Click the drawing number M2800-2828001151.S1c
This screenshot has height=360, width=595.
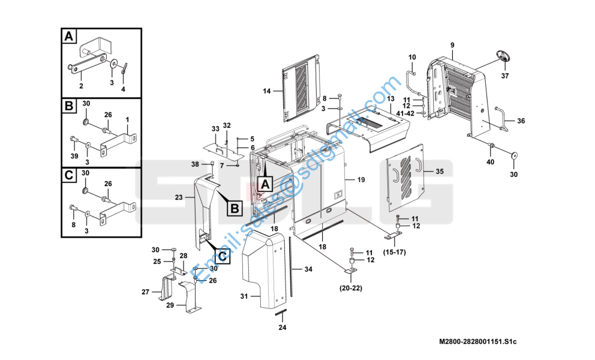478,342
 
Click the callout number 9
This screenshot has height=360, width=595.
452,45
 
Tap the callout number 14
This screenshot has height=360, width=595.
267,91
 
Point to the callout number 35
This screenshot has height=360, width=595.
440,172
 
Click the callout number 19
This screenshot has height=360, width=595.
361,179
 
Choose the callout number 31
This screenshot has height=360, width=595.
244,296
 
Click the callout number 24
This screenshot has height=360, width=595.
283,328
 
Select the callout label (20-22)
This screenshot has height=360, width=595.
351,288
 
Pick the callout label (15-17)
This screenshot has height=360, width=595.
394,252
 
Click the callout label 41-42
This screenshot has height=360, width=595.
405,113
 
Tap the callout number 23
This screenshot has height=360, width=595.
179,197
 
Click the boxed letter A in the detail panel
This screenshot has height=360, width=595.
69,37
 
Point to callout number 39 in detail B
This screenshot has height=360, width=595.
74,156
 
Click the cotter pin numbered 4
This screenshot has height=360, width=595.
125,69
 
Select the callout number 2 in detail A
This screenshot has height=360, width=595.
81,86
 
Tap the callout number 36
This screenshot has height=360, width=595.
521,121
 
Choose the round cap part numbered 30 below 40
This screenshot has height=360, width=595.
515,155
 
